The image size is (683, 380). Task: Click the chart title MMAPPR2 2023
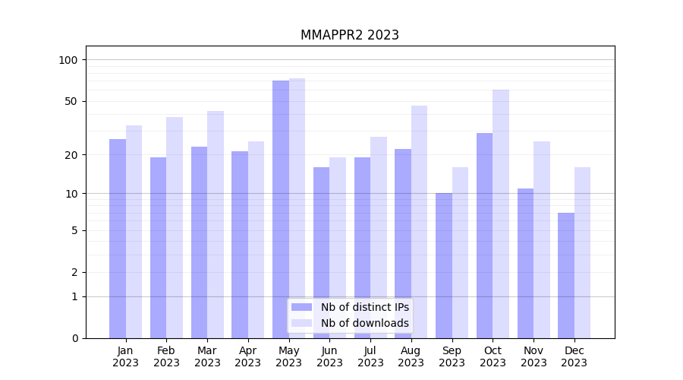pyautogui.click(x=349, y=35)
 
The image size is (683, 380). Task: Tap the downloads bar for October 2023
pyautogui.click(x=501, y=214)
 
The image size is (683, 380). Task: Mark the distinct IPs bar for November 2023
pyautogui.click(x=525, y=263)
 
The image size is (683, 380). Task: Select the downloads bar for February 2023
pyautogui.click(x=175, y=227)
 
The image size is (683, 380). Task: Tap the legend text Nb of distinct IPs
pyautogui.click(x=364, y=307)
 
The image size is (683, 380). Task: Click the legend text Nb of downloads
pyautogui.click(x=364, y=323)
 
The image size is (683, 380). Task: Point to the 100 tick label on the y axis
pyautogui.click(x=68, y=60)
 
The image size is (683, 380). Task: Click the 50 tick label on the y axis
pyautogui.click(x=71, y=101)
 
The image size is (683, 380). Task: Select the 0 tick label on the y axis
pyautogui.click(x=74, y=338)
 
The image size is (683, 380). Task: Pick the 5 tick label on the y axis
pyautogui.click(x=74, y=230)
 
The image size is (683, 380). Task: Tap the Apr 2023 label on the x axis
pyautogui.click(x=248, y=356)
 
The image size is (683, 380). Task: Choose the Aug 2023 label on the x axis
pyautogui.click(x=411, y=356)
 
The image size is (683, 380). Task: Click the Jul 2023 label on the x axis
pyautogui.click(x=370, y=356)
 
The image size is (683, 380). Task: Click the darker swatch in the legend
pyautogui.click(x=301, y=307)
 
